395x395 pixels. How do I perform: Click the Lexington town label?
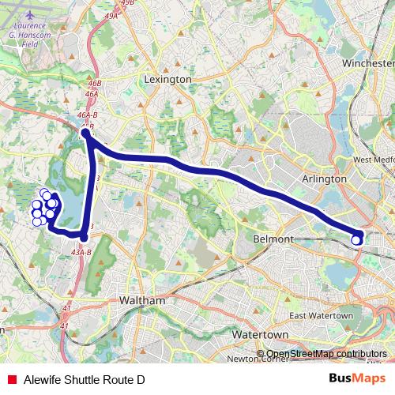pyautogui.click(x=168, y=79)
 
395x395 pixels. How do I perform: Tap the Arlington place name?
pyautogui.click(x=324, y=179)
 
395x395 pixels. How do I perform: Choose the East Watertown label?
pyautogui.click(x=321, y=316)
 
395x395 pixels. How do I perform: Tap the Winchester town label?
pyautogui.click(x=367, y=62)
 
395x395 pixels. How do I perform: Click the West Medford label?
pyautogui.click(x=374, y=160)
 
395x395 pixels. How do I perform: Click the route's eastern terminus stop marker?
pyautogui.click(x=357, y=237)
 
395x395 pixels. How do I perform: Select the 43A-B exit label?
pyautogui.click(x=82, y=252)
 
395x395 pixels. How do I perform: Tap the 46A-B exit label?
pyautogui.click(x=88, y=115)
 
